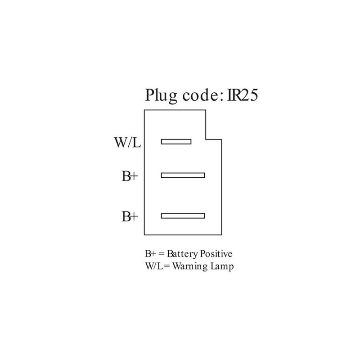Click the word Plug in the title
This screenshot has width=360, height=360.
click(161, 95)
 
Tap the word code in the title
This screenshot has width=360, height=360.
click(199, 95)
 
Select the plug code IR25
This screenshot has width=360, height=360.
click(243, 95)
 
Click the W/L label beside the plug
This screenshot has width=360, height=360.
click(127, 142)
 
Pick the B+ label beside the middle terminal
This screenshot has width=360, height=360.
click(130, 176)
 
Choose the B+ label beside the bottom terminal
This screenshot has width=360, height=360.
click(130, 216)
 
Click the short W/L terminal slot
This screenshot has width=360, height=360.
click(176, 142)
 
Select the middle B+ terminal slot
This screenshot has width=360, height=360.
click(183, 175)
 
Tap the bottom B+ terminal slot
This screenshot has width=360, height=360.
click(183, 216)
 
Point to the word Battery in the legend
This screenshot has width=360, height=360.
click(182, 254)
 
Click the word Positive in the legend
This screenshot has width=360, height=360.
click(216, 254)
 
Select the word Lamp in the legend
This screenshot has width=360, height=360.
click(222, 267)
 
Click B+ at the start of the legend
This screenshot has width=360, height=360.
click(151, 254)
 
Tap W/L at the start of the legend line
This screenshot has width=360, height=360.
click(155, 266)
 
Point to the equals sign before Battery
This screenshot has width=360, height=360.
click(162, 254)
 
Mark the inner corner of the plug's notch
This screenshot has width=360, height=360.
click(206, 139)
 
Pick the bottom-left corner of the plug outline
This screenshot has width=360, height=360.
click(144, 235)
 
